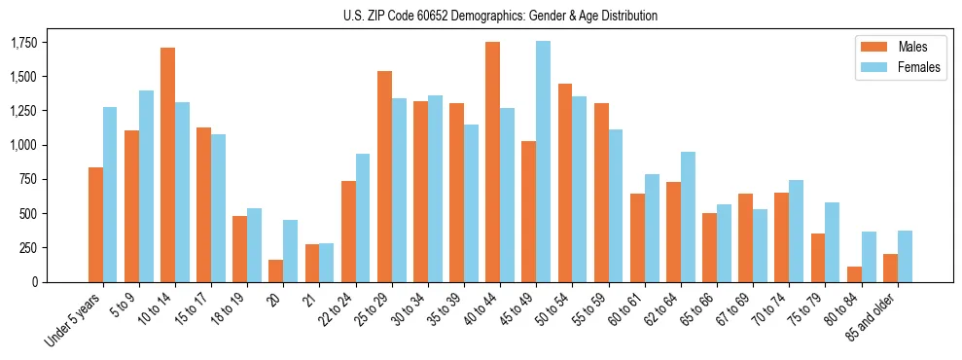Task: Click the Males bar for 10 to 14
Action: click(x=167, y=164)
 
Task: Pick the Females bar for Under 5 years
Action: click(x=110, y=195)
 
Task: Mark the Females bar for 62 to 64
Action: click(x=688, y=217)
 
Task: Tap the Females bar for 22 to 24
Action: click(x=363, y=218)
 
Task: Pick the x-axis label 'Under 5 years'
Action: click(x=74, y=321)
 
